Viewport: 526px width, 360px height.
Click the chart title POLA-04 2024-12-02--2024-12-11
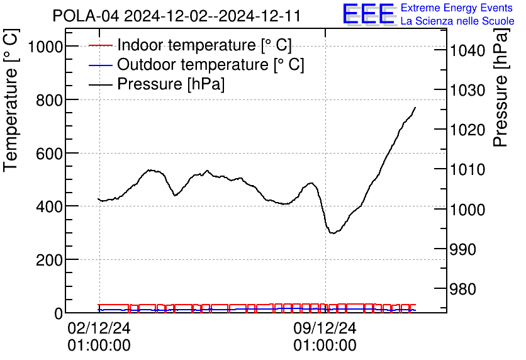176,15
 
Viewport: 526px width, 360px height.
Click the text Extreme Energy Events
457,8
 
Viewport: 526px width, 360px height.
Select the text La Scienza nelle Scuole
457,21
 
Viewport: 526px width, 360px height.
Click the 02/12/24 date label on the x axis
99,329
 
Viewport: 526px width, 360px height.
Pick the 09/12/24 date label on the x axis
325,329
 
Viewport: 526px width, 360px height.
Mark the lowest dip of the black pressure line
332,233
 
